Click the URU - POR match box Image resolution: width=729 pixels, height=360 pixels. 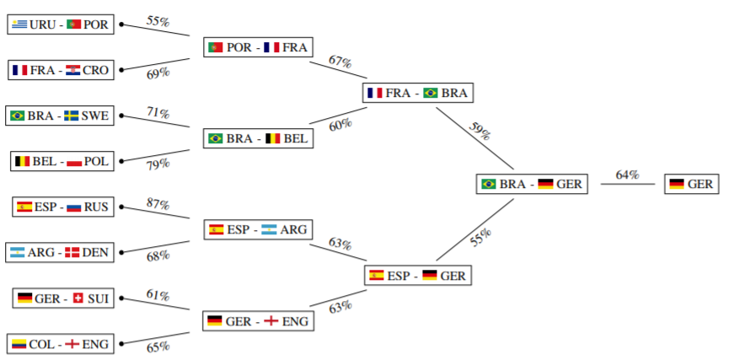tap(61, 24)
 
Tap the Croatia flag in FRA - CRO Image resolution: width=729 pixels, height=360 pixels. tap(73, 70)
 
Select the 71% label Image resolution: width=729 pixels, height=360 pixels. tap(158, 113)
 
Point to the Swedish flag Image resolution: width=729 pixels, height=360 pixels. tap(71, 116)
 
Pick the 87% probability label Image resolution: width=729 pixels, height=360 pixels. tap(158, 204)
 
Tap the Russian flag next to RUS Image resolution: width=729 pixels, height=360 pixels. tap(74, 207)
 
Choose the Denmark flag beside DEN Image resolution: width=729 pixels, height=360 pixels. tap(72, 253)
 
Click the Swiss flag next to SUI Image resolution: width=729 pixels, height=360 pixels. tap(78, 298)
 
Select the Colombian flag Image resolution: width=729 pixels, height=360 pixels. tap(19, 344)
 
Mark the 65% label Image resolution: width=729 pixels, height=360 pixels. tap(158, 347)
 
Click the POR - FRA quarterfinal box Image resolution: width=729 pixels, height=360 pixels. tap(258, 47)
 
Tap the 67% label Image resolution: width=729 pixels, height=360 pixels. tap(340, 62)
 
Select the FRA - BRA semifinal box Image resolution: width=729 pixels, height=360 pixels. tap(417, 93)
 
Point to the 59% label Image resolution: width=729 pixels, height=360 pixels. tap(480, 132)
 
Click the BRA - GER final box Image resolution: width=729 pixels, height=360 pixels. tap(532, 184)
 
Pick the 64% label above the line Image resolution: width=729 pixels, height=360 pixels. tap(628, 175)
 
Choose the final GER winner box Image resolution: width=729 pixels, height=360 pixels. tap(691, 184)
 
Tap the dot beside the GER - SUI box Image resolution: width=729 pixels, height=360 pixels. tap(121, 298)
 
